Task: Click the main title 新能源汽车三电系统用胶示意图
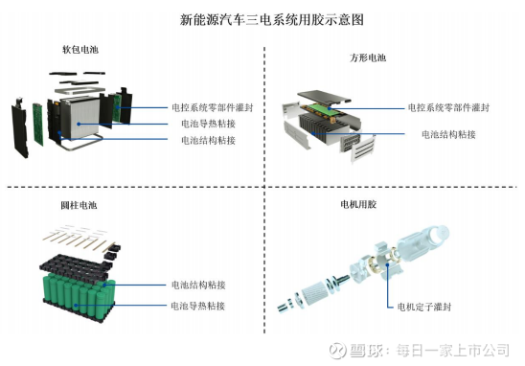pyautogui.click(x=271, y=19)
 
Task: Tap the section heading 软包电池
pyautogui.click(x=80, y=50)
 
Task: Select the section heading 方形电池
pyautogui.click(x=368, y=57)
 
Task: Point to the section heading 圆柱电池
pyautogui.click(x=79, y=205)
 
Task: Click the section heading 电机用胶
pyautogui.click(x=358, y=204)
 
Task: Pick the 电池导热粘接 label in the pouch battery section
pyautogui.click(x=208, y=124)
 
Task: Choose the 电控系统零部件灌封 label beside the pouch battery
pyautogui.click(x=213, y=107)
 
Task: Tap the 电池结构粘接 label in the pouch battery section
pyautogui.click(x=208, y=140)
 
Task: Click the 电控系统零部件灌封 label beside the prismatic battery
pyautogui.click(x=448, y=107)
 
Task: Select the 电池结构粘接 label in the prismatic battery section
pyautogui.click(x=448, y=134)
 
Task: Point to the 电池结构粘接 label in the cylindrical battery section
pyautogui.click(x=198, y=285)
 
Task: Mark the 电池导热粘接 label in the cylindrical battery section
pyautogui.click(x=198, y=306)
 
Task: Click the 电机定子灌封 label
pyautogui.click(x=424, y=307)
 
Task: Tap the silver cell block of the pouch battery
pyautogui.click(x=80, y=117)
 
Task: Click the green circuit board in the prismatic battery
pyautogui.click(x=322, y=109)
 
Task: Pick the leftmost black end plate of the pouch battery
pyautogui.click(x=19, y=127)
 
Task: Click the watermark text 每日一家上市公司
pyautogui.click(x=453, y=351)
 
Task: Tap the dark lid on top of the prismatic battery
pyautogui.click(x=324, y=97)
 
